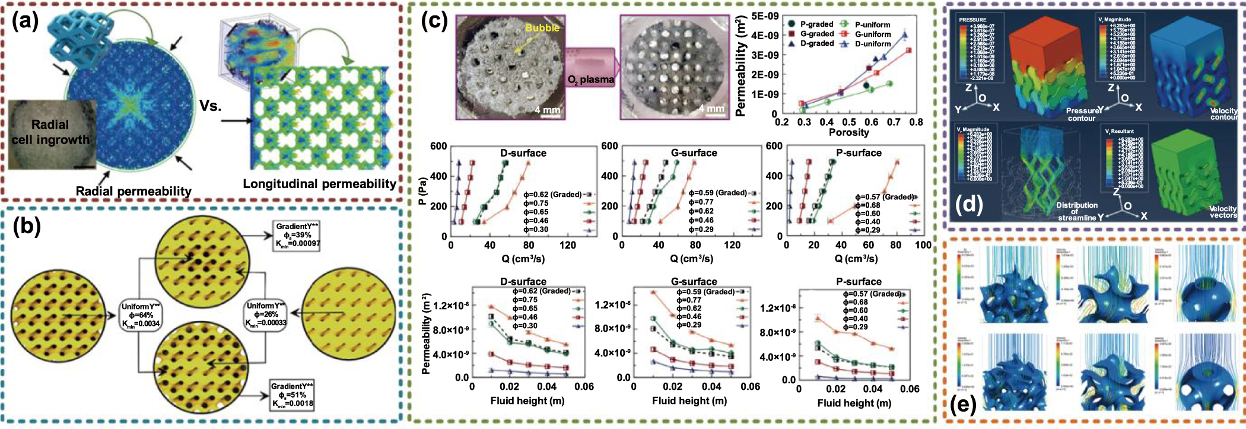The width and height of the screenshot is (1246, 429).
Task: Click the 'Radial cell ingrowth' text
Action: [x=50, y=132]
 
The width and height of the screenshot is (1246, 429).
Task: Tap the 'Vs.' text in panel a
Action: [x=211, y=106]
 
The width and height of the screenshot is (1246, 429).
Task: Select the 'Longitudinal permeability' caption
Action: [x=319, y=184]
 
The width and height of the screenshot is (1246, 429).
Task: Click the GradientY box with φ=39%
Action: [x=297, y=235]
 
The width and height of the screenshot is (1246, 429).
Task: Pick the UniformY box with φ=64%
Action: [x=141, y=315]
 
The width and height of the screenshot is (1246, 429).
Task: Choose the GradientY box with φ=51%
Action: [x=293, y=395]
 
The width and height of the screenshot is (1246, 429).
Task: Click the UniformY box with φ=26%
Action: [x=265, y=314]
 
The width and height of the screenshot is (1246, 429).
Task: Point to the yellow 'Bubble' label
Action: [x=542, y=28]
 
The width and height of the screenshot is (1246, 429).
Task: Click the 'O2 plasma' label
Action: [x=590, y=80]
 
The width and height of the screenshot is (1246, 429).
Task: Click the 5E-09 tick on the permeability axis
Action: [x=765, y=16]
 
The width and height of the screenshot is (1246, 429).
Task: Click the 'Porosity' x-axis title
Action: [x=848, y=132]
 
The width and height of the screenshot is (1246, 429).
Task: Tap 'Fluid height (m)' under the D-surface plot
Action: [x=527, y=401]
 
